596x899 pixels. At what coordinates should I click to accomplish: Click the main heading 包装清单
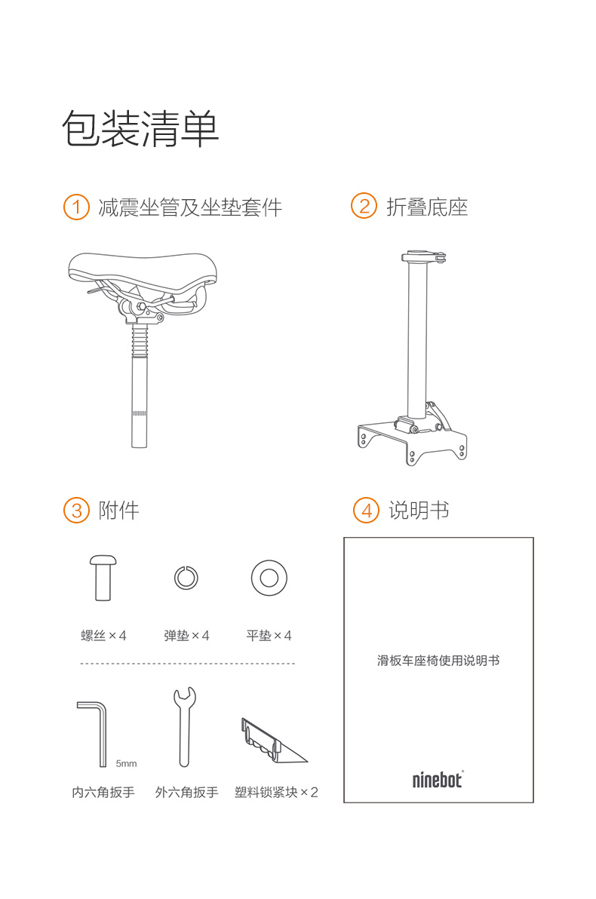[140, 128]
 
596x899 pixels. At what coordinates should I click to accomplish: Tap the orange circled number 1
[76, 207]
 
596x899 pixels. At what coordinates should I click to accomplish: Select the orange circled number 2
[364, 207]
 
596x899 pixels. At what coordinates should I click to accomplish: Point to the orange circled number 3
[77, 511]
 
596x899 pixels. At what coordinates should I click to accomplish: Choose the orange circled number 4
[367, 511]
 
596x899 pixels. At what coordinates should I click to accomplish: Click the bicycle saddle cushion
[143, 269]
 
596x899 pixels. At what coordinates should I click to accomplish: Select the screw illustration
[103, 577]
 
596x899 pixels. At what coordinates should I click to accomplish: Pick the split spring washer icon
[186, 578]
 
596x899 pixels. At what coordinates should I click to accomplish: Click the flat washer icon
[269, 578]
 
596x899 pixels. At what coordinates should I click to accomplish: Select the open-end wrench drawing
[184, 727]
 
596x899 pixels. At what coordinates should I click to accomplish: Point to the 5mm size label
[126, 763]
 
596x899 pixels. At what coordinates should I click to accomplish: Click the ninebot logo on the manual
[438, 779]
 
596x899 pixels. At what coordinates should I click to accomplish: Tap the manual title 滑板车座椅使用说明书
[438, 661]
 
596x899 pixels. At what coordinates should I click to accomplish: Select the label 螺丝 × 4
[103, 635]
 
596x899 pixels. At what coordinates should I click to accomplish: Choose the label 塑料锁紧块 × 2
[276, 793]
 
